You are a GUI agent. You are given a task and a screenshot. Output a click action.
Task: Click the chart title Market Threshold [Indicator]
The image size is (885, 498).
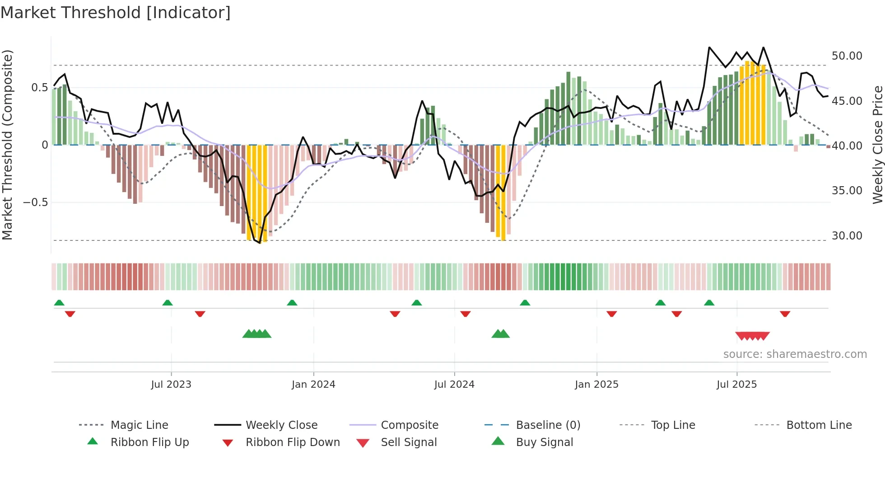(x=116, y=13)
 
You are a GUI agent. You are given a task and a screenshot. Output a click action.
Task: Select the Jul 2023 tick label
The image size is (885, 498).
(x=171, y=385)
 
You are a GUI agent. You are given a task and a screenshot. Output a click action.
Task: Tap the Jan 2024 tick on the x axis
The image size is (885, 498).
(x=313, y=385)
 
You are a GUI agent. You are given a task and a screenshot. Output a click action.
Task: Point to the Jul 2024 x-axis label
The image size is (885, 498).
(x=454, y=385)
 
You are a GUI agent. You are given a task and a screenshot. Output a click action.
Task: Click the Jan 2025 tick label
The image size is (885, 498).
(x=596, y=385)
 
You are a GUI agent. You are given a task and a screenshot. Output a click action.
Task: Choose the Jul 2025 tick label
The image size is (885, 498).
(x=736, y=385)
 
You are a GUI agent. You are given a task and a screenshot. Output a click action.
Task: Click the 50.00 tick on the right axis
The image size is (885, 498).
(x=847, y=56)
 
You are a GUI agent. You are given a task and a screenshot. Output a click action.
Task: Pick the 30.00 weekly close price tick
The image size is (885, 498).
(x=847, y=236)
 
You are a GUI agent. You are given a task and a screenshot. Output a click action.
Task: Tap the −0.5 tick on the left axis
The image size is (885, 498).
(x=36, y=202)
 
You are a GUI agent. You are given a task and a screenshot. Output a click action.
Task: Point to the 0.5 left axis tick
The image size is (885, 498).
(x=39, y=88)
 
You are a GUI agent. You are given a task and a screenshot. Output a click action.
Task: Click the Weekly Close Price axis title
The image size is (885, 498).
(x=877, y=145)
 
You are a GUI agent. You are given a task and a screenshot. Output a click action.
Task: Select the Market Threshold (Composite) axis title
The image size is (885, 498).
(x=7, y=145)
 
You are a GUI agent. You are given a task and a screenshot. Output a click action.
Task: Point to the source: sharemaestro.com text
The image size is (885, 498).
(x=795, y=354)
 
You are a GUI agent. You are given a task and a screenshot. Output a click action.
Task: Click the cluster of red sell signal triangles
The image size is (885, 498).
(x=752, y=336)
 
